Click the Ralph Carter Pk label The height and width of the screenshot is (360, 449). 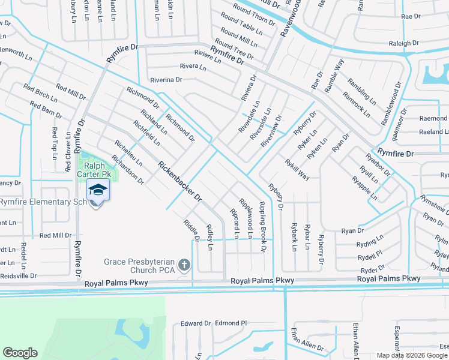point(98,170)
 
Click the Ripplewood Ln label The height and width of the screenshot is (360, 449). point(246,218)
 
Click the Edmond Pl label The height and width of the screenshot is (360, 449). point(231,323)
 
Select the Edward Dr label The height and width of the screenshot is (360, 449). point(196,323)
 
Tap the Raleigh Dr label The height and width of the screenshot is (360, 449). point(404,43)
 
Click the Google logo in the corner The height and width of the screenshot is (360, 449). point(20,353)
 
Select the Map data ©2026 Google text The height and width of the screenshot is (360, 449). point(411,356)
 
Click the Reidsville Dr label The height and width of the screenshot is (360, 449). point(18,276)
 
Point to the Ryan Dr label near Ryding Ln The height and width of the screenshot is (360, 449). point(353,230)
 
